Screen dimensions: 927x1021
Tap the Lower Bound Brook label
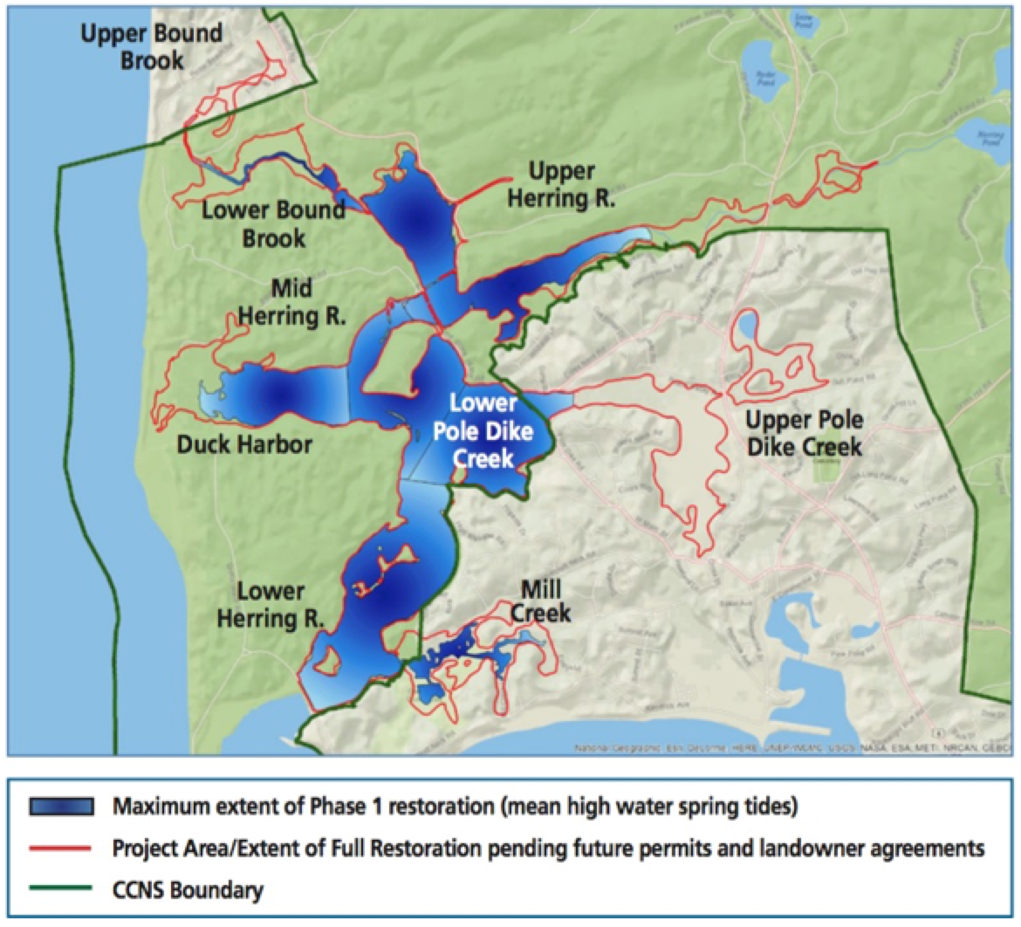point(273,223)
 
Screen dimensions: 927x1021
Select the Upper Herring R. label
point(572,184)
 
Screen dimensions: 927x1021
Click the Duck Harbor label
point(244,444)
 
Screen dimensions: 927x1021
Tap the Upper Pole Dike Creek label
point(804,434)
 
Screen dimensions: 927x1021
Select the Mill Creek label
point(540,601)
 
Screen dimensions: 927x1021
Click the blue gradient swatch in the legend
point(62,807)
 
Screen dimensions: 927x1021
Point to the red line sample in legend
point(62,848)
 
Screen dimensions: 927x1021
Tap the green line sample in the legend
point(62,890)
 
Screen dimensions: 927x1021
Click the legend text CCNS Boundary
point(188,890)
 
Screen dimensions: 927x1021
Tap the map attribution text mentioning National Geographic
point(611,748)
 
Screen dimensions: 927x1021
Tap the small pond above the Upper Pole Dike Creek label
point(747,326)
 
